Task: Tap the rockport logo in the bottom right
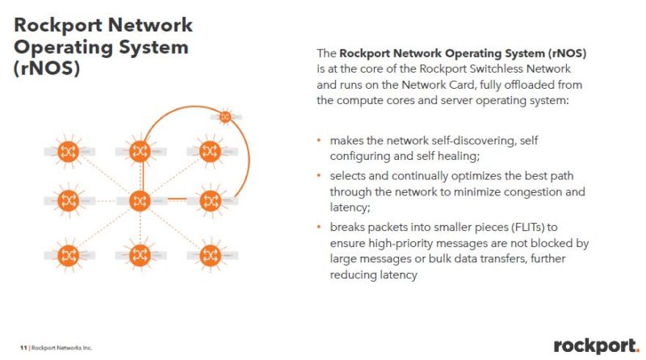click(595, 345)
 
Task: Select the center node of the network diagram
click(141, 200)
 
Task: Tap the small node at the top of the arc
click(226, 117)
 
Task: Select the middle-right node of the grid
click(210, 200)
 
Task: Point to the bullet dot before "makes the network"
click(320, 140)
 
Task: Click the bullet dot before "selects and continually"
click(320, 175)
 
